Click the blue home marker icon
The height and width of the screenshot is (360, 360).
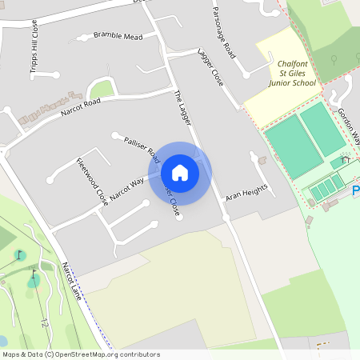click(180, 173)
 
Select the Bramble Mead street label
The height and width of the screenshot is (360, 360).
click(118, 36)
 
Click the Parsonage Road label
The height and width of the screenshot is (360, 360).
click(225, 31)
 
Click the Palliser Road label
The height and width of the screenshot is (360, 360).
click(142, 149)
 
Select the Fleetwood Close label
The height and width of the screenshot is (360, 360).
click(91, 182)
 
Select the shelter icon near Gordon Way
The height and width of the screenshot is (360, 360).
click(345, 159)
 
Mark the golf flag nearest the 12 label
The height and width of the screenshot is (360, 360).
click(34, 276)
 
